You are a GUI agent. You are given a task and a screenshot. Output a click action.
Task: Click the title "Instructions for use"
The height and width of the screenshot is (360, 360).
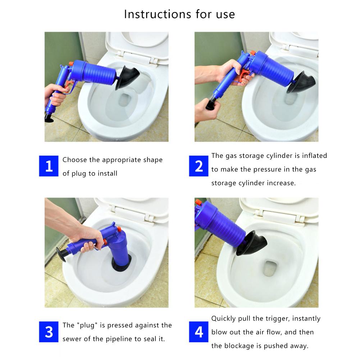coord(179,14)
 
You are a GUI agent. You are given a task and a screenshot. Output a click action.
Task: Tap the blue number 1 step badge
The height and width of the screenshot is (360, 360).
coord(49,167)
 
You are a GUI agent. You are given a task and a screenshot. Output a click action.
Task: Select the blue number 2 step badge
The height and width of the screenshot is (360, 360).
coord(199,167)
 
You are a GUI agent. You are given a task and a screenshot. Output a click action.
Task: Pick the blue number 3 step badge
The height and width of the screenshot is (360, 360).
coord(49,332)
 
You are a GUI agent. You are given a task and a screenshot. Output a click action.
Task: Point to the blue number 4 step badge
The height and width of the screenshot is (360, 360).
coord(199,332)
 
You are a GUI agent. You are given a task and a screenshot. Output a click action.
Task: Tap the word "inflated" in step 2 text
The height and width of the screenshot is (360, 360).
coord(315,155)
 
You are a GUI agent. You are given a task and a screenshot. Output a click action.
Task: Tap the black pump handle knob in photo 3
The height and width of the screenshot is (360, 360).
coord(61,256)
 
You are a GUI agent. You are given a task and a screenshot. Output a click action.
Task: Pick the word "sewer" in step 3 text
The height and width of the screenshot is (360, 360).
coord(74,339)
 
